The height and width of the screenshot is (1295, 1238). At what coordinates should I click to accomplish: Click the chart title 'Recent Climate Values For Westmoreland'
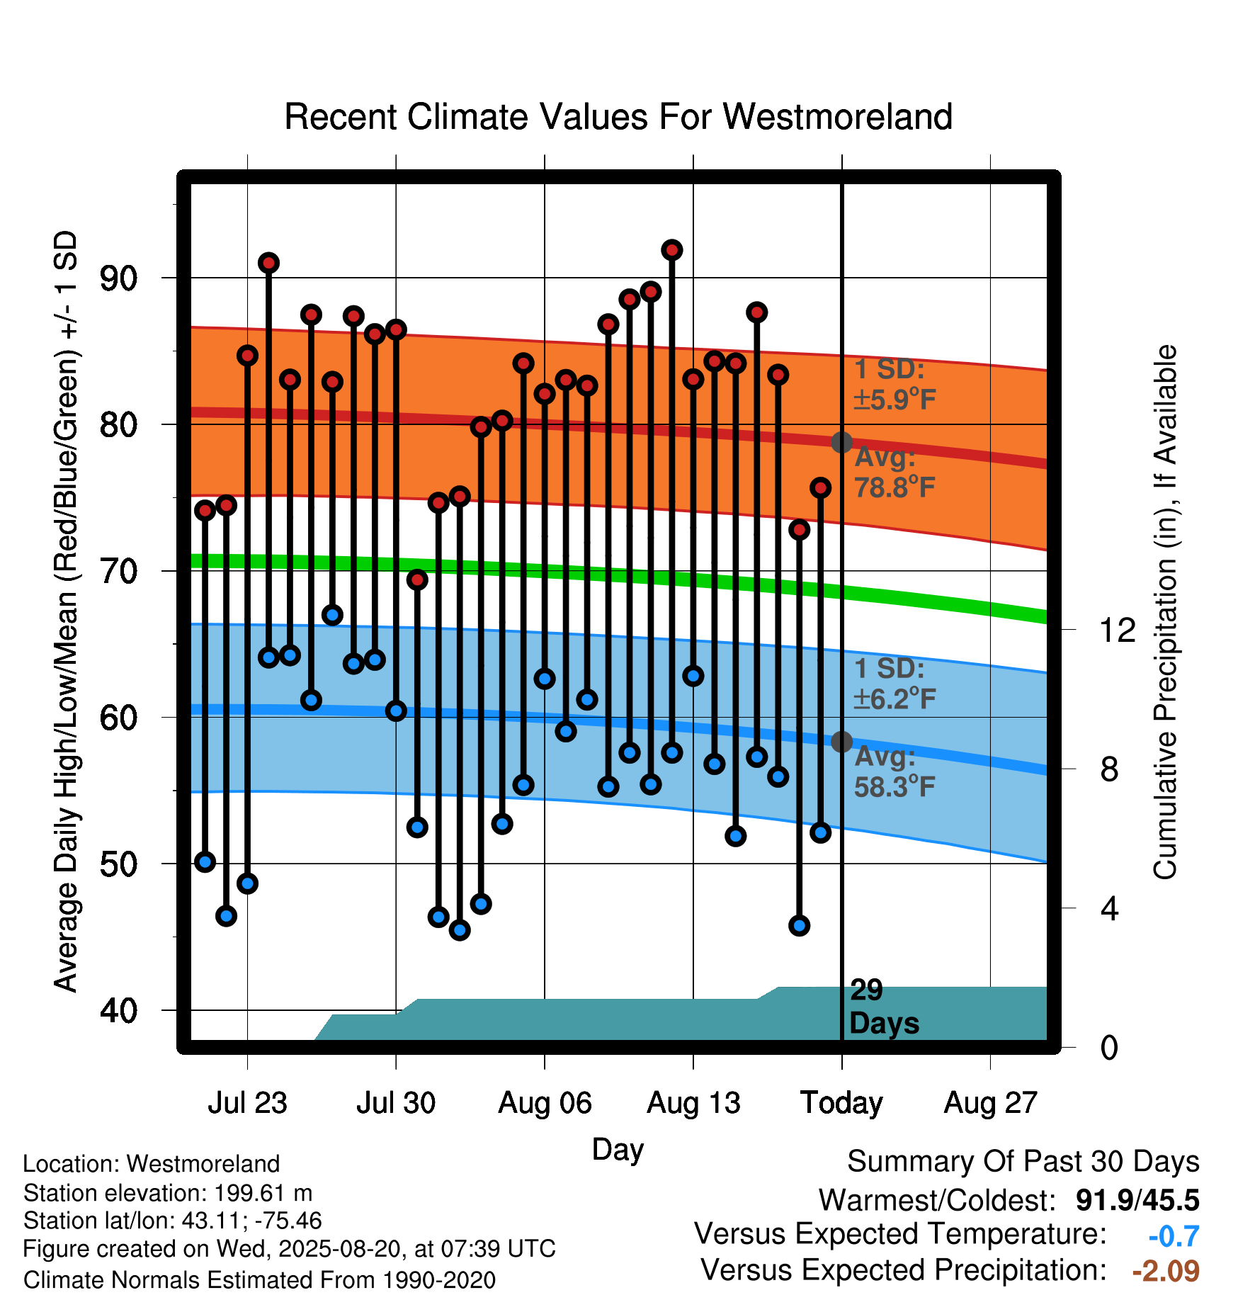618,117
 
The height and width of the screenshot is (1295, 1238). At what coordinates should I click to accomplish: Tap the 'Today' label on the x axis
841,1103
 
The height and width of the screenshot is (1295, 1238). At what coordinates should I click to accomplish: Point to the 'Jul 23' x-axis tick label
247,1103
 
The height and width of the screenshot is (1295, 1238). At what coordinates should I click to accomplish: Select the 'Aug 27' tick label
990,1103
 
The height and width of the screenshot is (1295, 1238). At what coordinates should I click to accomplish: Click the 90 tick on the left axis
118,278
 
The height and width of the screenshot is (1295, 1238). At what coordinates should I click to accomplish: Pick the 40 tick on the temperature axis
118,1010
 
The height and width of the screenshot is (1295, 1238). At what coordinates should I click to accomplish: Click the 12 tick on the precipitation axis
1117,630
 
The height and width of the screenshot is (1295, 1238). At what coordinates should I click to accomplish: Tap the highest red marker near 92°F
672,250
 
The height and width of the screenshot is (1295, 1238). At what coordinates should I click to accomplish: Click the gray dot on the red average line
841,442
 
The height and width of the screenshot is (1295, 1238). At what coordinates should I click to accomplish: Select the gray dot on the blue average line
841,742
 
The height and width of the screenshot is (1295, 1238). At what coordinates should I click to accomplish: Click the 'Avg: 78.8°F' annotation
895,472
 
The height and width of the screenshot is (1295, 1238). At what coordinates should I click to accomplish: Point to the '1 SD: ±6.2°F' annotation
895,684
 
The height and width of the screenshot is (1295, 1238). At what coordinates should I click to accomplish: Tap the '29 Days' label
884,1007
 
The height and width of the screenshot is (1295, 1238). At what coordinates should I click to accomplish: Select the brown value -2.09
1166,1271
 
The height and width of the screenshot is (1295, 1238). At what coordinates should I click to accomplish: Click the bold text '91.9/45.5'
1137,1201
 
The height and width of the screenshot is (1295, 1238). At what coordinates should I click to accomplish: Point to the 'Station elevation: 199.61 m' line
168,1193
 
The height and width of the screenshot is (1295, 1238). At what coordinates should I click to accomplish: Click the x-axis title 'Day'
618,1150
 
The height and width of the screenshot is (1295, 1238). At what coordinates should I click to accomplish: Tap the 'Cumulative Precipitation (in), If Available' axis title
1165,613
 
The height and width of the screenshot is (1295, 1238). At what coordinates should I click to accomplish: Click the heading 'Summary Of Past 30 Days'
1023,1162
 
